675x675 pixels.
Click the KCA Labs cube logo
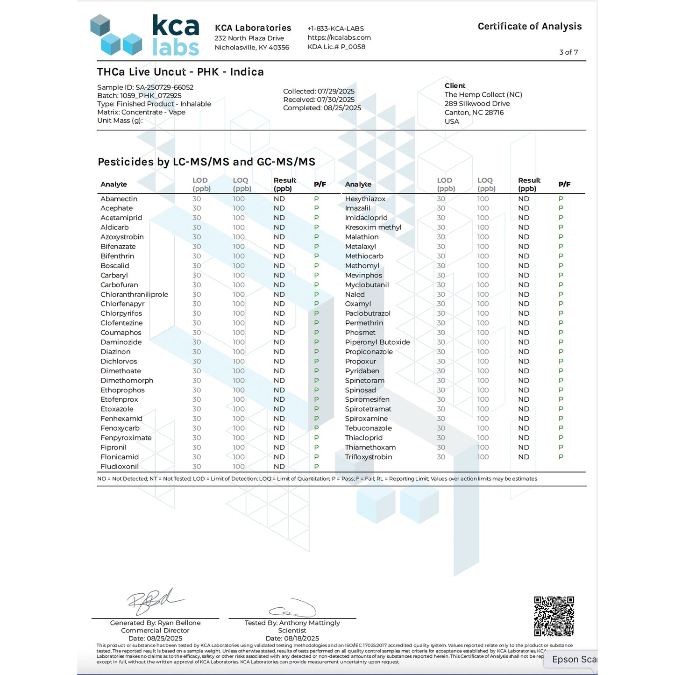pos(116,35)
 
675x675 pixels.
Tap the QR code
pos(554,616)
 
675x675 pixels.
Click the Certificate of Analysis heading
pos(529,27)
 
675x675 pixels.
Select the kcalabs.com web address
pos(339,37)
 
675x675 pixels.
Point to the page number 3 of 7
pos(568,52)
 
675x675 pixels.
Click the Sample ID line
pos(145,87)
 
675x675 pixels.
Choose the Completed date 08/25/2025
pos(322,108)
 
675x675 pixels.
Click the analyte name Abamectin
pos(119,199)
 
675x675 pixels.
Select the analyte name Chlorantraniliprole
pos(134,295)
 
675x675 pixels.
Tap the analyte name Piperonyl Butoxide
pos(377,342)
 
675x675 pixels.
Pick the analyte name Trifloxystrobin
pos(369,457)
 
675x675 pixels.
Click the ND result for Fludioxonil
pos(279,467)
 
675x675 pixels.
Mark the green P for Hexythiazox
pos(561,199)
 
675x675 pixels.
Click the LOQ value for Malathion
pos(483,237)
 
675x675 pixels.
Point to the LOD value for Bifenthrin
pos(197,256)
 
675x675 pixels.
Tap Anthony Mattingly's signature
pos(293,609)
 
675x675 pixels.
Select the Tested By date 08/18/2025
pos(292,639)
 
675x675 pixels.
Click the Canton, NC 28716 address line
pos(474,113)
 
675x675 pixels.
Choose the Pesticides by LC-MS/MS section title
pos(206,162)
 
